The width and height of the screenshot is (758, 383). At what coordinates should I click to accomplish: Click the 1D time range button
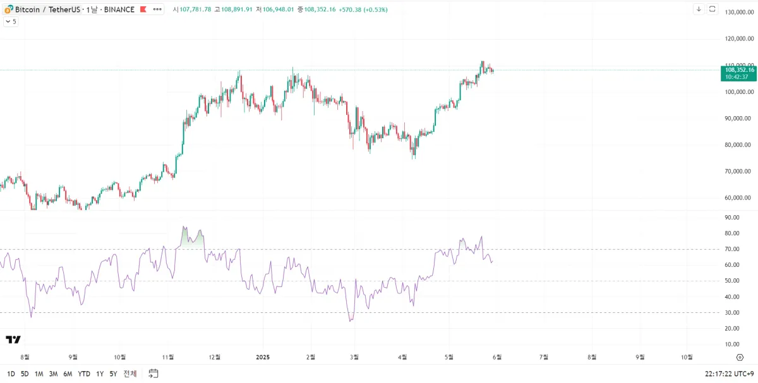11,374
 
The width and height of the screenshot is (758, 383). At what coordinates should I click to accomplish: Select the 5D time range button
25,374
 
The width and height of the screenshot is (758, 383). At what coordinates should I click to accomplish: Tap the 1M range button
39,374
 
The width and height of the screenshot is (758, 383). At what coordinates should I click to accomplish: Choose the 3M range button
53,374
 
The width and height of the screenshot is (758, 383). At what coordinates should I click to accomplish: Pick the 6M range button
68,374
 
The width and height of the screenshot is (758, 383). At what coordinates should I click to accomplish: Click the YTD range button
84,374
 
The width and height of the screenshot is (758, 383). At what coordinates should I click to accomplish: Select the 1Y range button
100,374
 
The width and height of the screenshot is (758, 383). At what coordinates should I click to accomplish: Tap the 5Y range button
113,374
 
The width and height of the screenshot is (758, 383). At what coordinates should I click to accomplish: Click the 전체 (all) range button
130,374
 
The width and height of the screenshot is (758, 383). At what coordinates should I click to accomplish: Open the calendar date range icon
153,374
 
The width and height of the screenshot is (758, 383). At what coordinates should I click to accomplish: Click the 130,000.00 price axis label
738,13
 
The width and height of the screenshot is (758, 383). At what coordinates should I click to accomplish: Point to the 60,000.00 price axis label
738,198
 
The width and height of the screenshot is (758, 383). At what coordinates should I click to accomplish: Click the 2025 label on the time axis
263,356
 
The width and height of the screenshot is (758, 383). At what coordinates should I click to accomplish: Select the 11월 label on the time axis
169,356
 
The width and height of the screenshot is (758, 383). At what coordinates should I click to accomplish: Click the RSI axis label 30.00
732,313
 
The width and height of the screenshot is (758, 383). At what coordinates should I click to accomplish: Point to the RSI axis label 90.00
732,218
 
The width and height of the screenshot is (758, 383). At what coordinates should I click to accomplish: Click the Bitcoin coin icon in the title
8,9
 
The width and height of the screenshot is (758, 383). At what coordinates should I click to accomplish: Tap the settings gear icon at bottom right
740,357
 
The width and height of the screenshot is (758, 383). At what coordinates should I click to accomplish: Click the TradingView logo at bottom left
13,340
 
